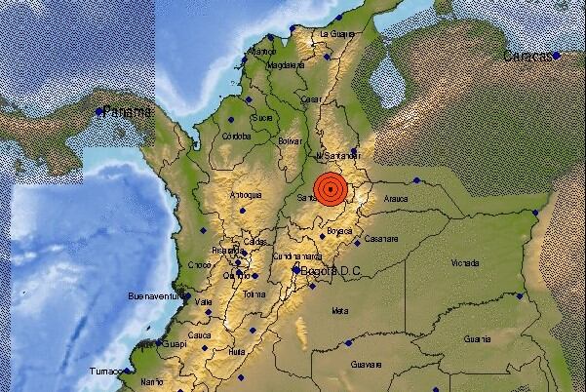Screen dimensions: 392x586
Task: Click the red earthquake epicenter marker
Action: coord(332,188)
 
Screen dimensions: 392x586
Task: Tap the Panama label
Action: coord(130,112)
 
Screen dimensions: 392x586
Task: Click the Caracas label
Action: coord(526,57)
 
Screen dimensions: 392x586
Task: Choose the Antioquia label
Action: coord(245,195)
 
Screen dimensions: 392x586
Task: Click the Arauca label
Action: coord(394,198)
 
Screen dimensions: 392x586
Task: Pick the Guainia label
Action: coord(477,339)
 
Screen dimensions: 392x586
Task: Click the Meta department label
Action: coord(340,311)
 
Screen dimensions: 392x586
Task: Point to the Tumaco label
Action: coord(104,372)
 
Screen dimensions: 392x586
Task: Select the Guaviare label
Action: coord(367,363)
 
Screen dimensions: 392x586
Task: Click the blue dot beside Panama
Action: coord(99,112)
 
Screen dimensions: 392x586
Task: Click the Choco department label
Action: coord(199,264)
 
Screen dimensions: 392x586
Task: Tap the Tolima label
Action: coord(254,294)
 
